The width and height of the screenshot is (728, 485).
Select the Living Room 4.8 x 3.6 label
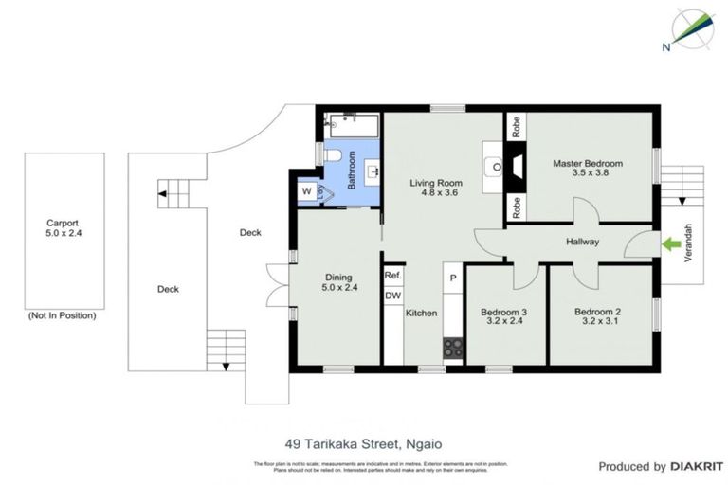tap(435, 188)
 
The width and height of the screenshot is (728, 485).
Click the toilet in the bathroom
tap(332, 154)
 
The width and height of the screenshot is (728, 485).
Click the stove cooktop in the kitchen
tap(453, 348)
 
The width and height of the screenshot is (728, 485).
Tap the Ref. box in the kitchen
tap(393, 276)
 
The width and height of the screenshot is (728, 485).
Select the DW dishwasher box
tap(393, 295)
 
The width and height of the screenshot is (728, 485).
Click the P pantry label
tap(453, 278)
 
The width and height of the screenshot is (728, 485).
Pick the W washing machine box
tap(307, 192)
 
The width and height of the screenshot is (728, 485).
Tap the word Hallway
tap(582, 242)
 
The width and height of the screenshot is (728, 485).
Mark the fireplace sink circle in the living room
tap(495, 167)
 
